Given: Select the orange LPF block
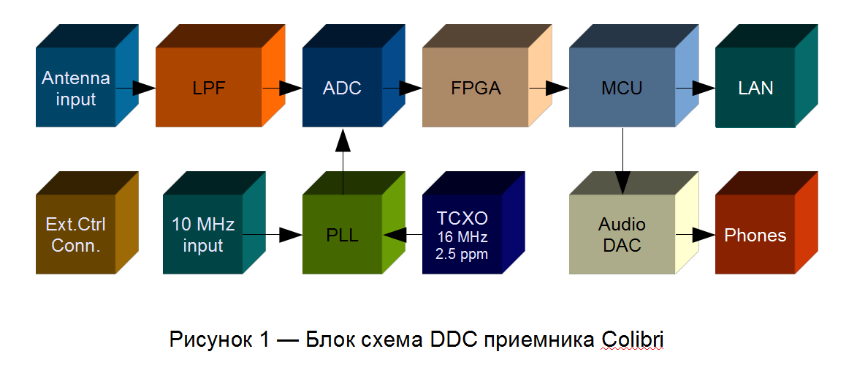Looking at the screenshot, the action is click(x=220, y=76).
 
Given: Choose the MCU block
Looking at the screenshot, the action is click(x=634, y=76).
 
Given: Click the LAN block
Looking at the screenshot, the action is click(x=767, y=76).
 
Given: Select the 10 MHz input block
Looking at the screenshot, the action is click(x=215, y=223).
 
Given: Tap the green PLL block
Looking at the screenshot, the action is click(x=354, y=223).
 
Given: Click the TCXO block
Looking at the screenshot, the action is click(x=474, y=223).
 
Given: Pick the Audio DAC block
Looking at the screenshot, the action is click(x=634, y=223).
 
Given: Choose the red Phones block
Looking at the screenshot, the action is click(x=767, y=223).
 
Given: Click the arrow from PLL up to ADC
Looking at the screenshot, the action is click(x=343, y=162).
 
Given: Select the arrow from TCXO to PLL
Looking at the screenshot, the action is click(x=403, y=235).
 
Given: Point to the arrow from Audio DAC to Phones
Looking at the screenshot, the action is click(x=696, y=235).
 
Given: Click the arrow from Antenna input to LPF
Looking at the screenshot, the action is click(x=136, y=88).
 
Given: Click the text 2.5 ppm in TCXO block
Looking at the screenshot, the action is click(x=462, y=254).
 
